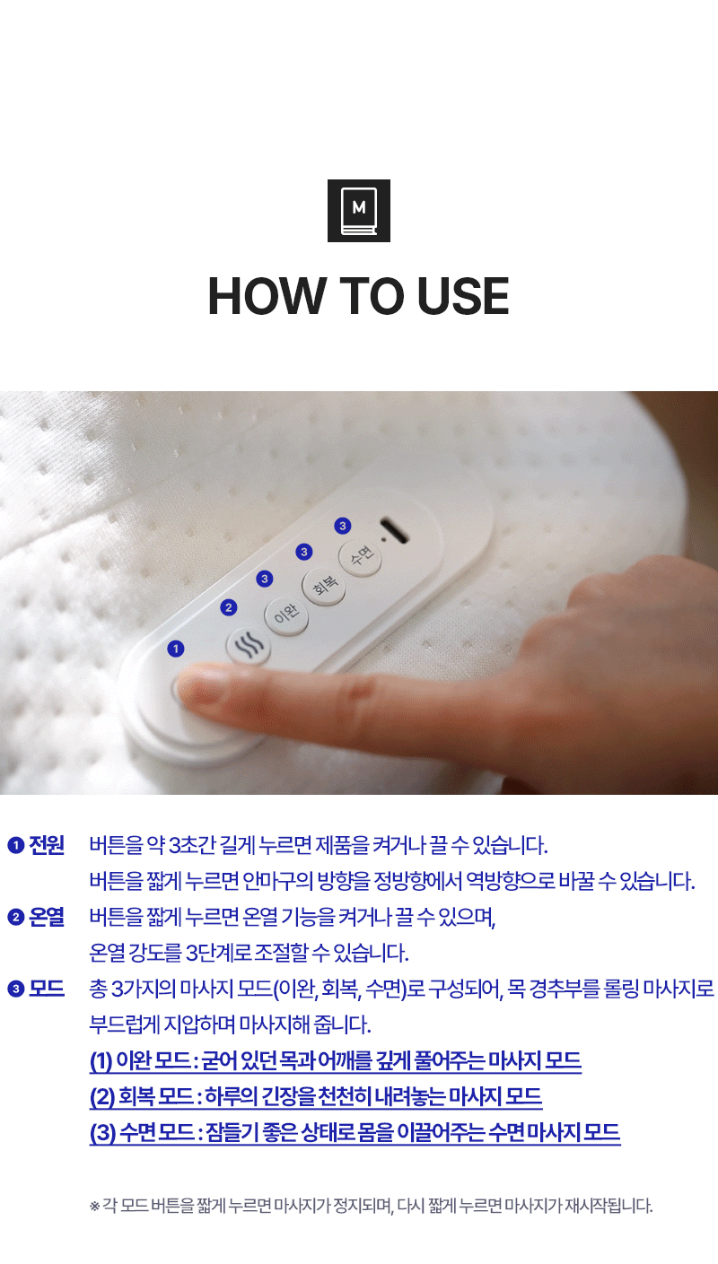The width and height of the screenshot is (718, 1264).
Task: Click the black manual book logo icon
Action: tap(358, 211)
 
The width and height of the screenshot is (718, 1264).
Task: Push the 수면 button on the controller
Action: tap(360, 557)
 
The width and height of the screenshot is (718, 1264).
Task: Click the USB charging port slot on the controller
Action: tap(394, 531)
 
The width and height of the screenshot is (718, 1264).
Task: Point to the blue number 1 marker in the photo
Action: tap(176, 649)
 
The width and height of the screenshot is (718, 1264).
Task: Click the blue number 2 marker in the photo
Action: tap(228, 607)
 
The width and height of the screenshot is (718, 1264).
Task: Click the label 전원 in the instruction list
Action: tap(47, 845)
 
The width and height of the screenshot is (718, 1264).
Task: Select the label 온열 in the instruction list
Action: tap(47, 917)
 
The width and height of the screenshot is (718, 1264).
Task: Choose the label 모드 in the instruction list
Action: tap(47, 988)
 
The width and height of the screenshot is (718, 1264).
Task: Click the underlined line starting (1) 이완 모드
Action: tap(336, 1061)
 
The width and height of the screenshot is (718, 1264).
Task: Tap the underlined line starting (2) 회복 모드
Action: tap(316, 1096)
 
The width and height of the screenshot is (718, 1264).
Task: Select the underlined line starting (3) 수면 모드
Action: tap(355, 1132)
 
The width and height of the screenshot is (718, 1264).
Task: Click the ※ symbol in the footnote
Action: tap(94, 1206)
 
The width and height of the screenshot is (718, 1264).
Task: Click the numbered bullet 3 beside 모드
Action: tap(16, 989)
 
